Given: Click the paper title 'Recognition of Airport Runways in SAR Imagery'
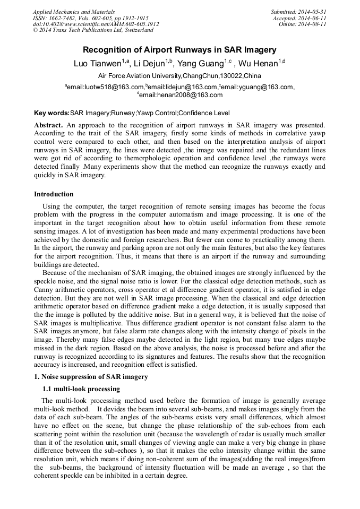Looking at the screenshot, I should [x=179, y=50].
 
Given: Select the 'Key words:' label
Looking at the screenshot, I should [x=52, y=113].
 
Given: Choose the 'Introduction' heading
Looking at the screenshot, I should [x=54, y=194].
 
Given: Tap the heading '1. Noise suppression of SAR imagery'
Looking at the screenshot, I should [x=91, y=377].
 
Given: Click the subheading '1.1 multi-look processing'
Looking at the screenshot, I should [x=81, y=389].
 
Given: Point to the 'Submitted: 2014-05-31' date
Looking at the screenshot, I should [x=298, y=12].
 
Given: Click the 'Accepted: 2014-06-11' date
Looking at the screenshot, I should [x=299, y=18].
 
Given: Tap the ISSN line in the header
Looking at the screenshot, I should [x=90, y=18].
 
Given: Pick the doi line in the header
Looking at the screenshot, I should [x=96, y=24].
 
